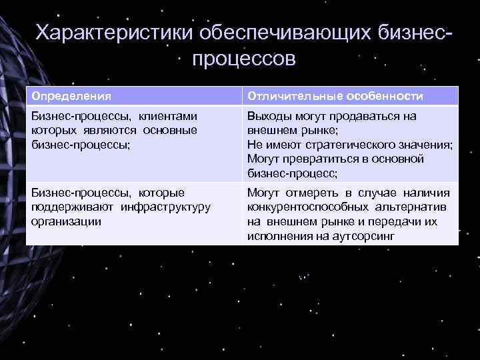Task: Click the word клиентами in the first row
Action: point(168,116)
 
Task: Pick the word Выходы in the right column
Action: point(265,116)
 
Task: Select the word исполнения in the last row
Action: point(275,235)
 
